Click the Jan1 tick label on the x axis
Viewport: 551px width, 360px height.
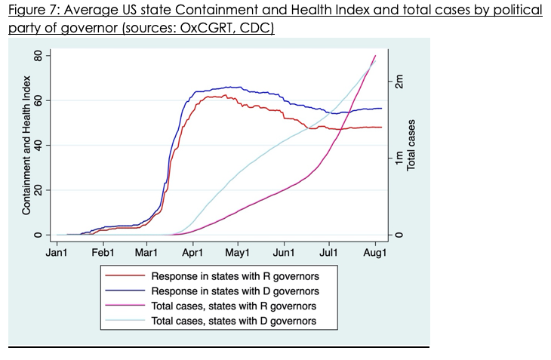point(57,253)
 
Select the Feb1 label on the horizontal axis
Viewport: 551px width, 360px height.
point(103,253)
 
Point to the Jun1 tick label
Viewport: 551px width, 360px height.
point(284,253)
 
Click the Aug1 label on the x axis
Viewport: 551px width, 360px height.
point(375,253)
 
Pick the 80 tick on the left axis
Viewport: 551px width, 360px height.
point(35,56)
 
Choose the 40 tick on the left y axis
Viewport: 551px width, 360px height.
point(35,145)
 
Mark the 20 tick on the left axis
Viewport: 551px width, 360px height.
point(35,190)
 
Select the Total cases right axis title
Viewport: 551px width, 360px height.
point(411,145)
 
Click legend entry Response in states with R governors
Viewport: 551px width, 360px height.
point(235,276)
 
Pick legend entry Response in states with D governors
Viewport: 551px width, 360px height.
point(235,291)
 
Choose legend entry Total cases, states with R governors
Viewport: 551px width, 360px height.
point(234,306)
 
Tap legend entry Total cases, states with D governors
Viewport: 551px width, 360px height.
point(234,322)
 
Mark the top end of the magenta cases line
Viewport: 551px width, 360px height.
point(375,56)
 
